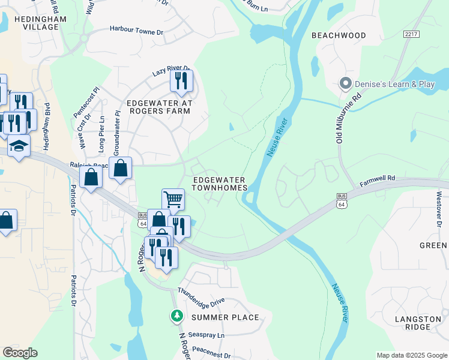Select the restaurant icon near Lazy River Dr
click(181, 80)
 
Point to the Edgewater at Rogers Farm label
click(159, 107)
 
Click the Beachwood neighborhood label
click(339, 35)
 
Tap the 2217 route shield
click(411, 35)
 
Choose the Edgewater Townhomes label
click(220, 184)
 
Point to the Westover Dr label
click(439, 206)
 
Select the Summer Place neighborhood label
click(225, 317)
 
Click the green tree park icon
click(176, 315)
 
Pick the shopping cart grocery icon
click(173, 199)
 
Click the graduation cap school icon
click(19, 146)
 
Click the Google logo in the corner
click(20, 353)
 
